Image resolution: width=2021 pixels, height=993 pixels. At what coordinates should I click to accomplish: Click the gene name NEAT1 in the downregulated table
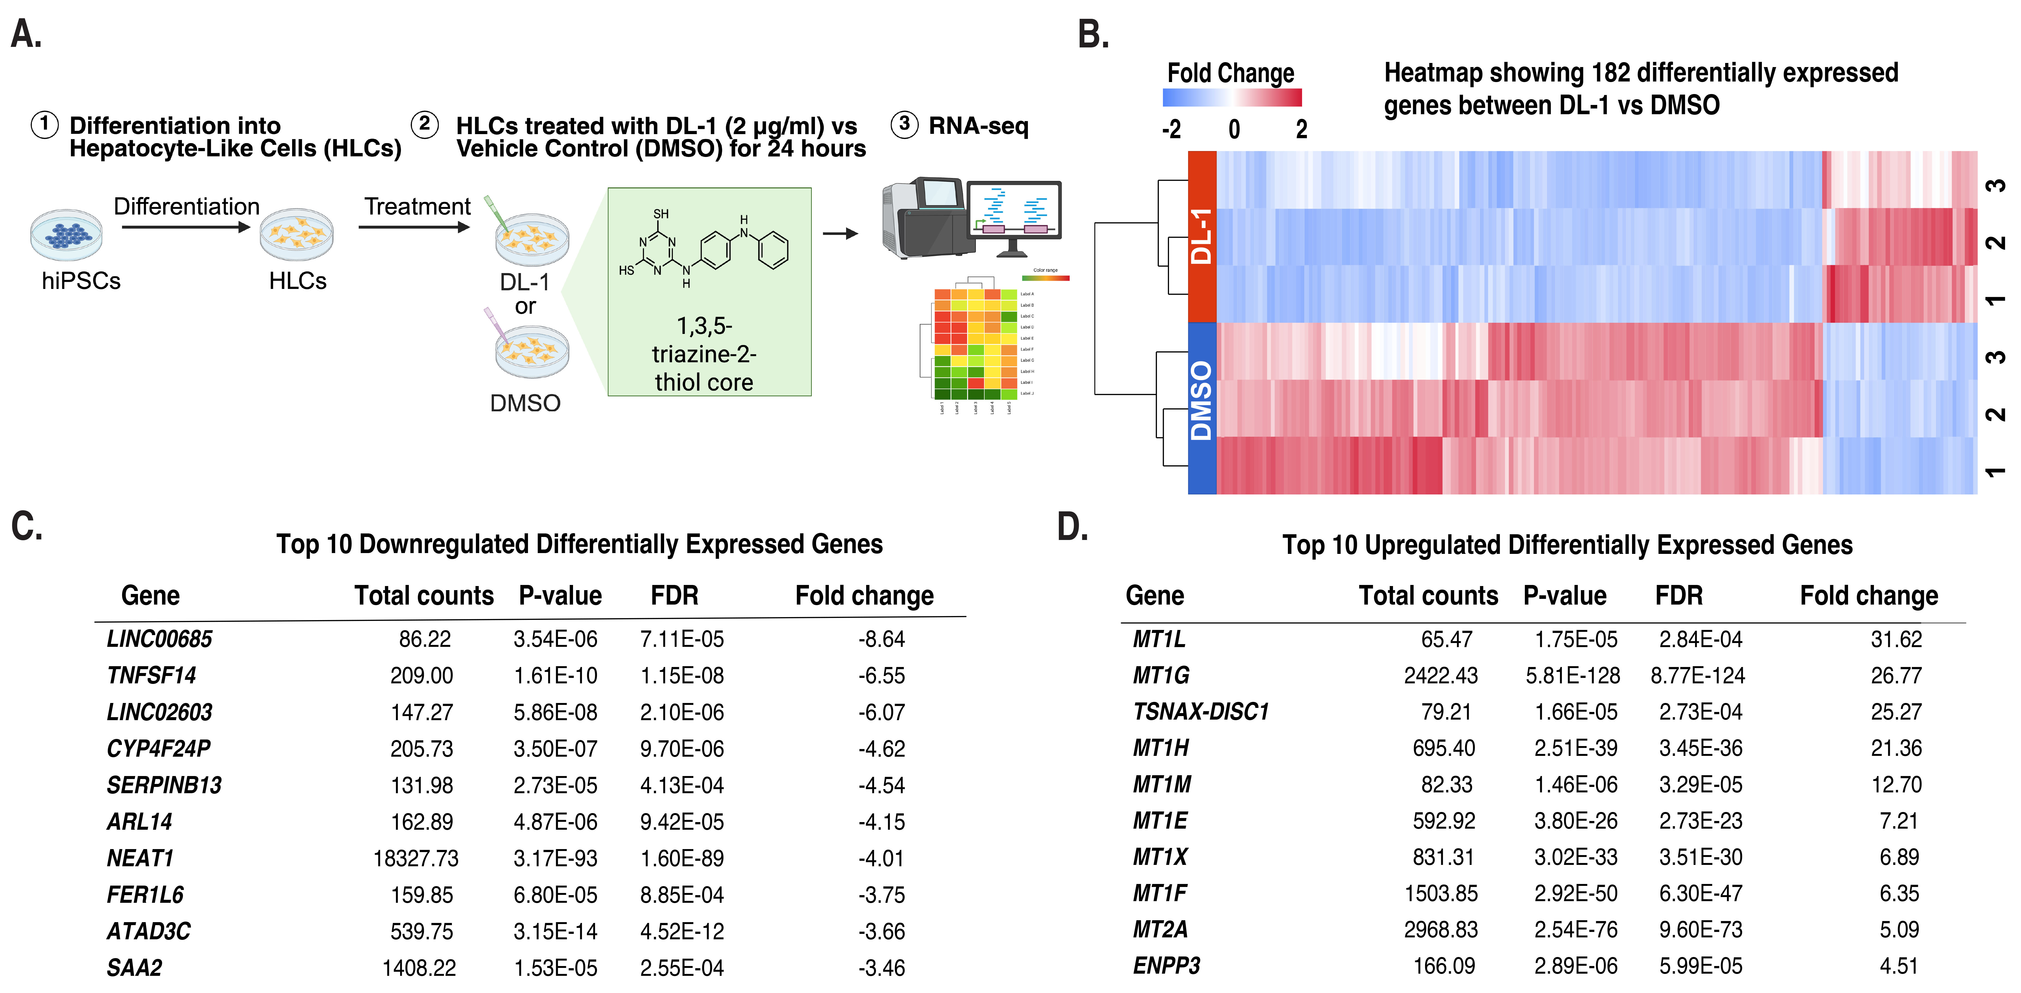140,858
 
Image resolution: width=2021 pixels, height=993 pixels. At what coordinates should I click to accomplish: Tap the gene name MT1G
1160,675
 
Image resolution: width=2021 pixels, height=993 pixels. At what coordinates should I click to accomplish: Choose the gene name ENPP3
1166,965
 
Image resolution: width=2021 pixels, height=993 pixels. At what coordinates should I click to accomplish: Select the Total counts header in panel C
424,595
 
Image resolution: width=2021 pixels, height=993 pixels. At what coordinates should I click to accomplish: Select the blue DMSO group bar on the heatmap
1202,408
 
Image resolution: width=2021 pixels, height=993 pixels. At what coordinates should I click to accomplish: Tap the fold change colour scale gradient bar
1232,97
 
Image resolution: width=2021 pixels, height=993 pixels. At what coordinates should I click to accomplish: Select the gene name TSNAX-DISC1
1200,711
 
